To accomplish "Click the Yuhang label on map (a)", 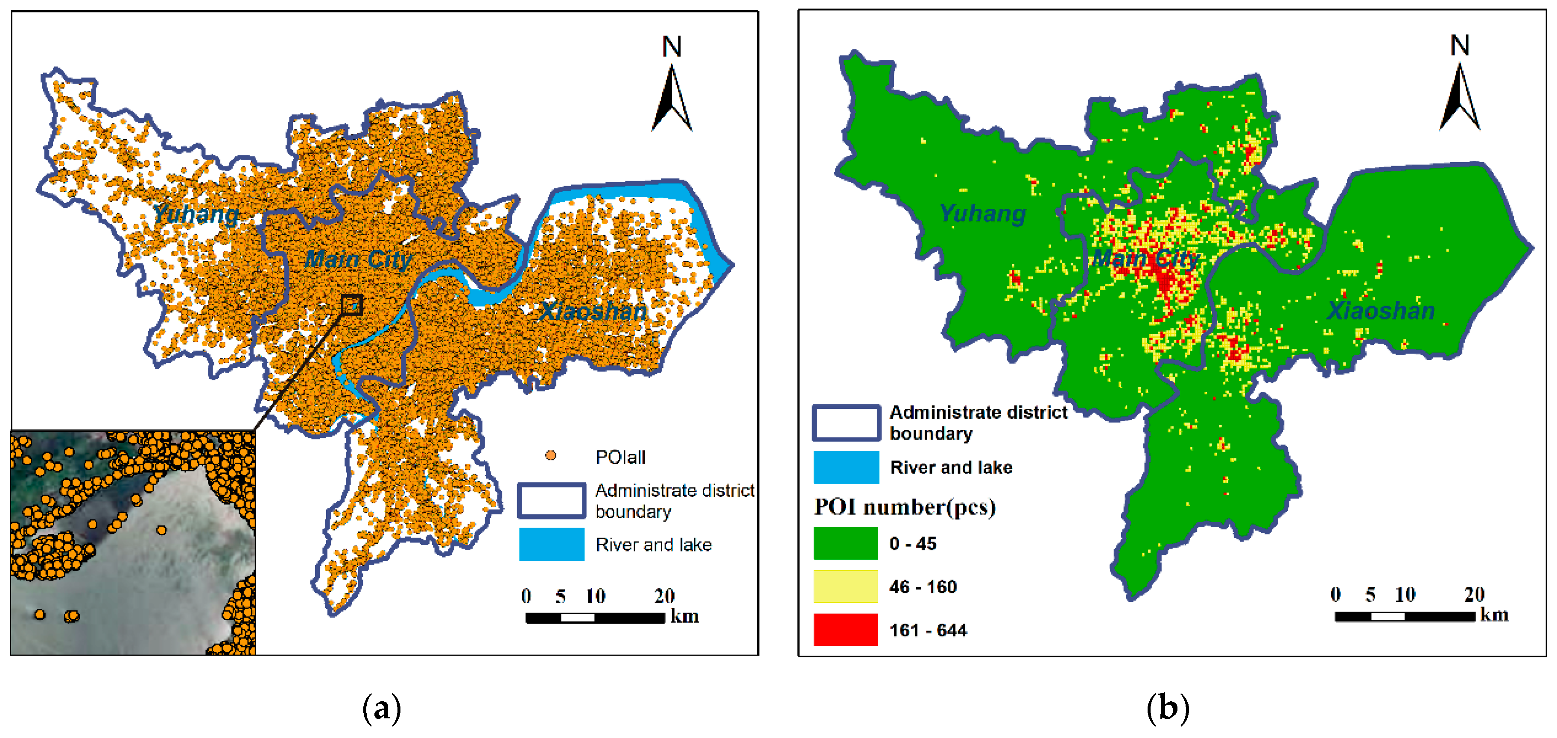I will tap(196, 214).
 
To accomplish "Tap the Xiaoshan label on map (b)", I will tap(1381, 311).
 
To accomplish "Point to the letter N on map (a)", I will tap(672, 47).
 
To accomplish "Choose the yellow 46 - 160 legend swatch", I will tap(846, 586).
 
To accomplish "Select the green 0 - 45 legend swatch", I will tap(846, 543).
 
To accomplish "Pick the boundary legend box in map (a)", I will tap(551, 500).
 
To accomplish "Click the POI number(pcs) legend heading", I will tap(904, 507).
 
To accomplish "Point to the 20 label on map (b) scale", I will tap(1474, 594).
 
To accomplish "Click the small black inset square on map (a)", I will tap(352, 305).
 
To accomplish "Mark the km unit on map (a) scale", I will tap(684, 616).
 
